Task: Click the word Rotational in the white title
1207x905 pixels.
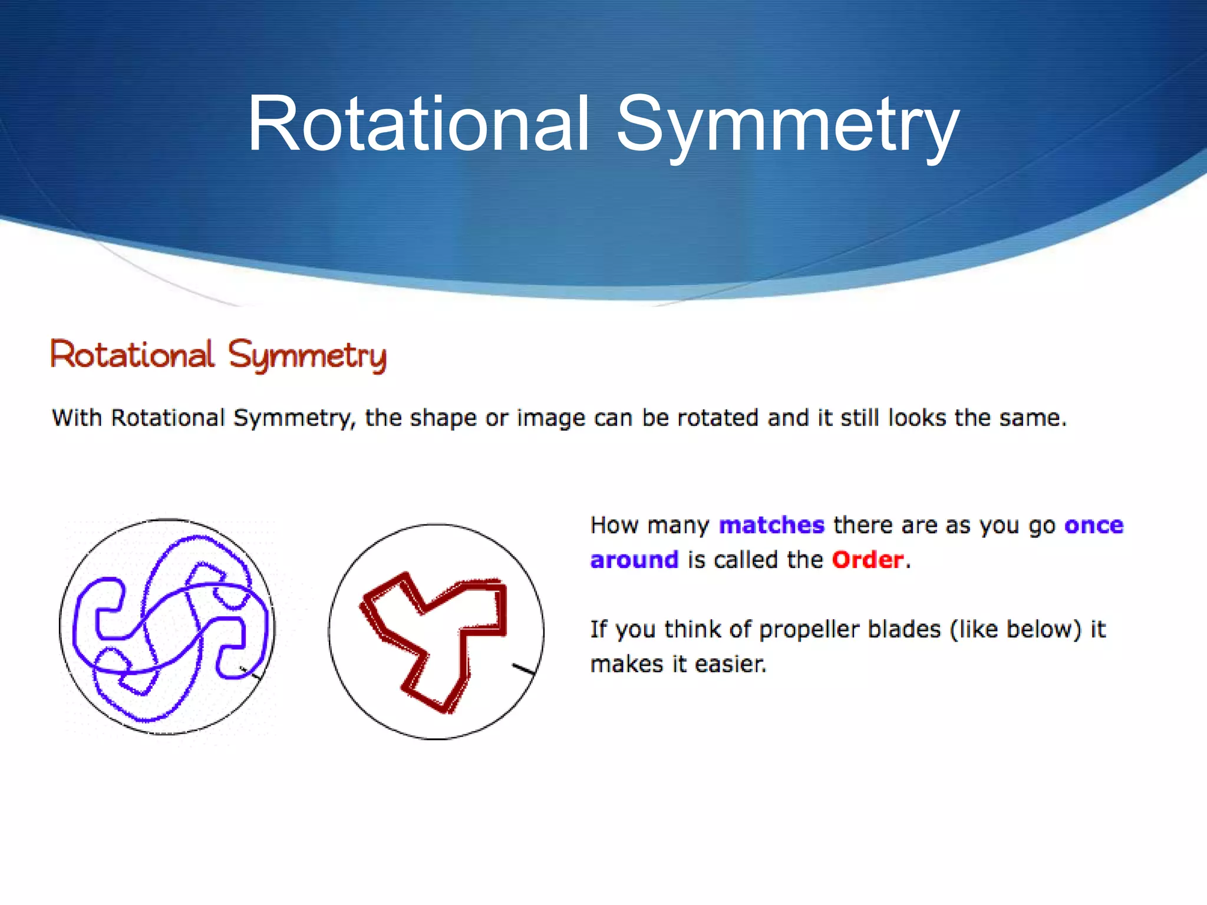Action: click(x=418, y=125)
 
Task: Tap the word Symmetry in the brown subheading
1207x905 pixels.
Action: click(x=307, y=356)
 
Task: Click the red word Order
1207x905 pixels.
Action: click(x=868, y=560)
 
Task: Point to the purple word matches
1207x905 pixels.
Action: click(x=771, y=525)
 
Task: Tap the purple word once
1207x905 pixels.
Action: click(x=1093, y=525)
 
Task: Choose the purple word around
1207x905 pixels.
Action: click(x=634, y=560)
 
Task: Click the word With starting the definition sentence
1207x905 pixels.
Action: click(x=77, y=418)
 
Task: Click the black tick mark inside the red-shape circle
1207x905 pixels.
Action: click(x=523, y=669)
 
